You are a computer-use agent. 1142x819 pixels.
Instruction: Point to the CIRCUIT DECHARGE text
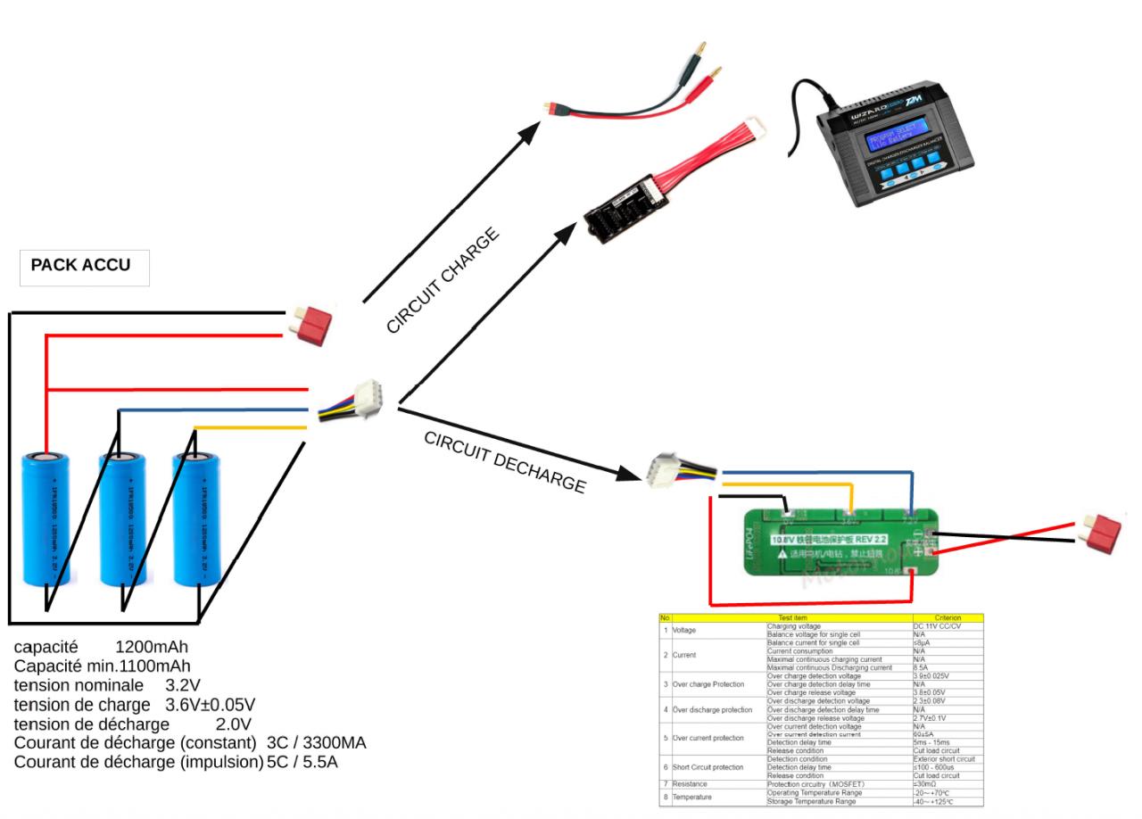(505, 462)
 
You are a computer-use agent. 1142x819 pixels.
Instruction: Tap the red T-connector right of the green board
(1105, 533)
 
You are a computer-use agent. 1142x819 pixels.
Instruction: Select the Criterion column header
(948, 617)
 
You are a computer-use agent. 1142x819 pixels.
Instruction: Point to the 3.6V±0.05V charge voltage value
(211, 704)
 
